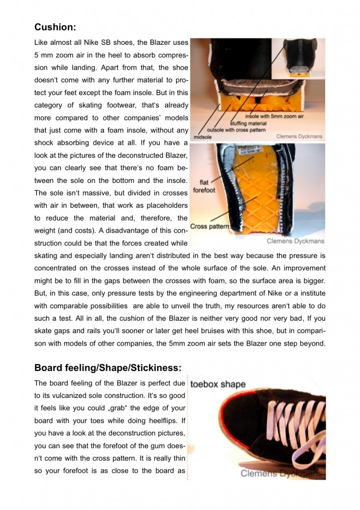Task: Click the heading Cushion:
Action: [x=55, y=27]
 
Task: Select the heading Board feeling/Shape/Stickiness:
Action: [x=108, y=368]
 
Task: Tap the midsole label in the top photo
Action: [x=202, y=137]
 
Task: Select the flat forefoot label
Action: [x=204, y=187]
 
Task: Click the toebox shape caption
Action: [x=218, y=384]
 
